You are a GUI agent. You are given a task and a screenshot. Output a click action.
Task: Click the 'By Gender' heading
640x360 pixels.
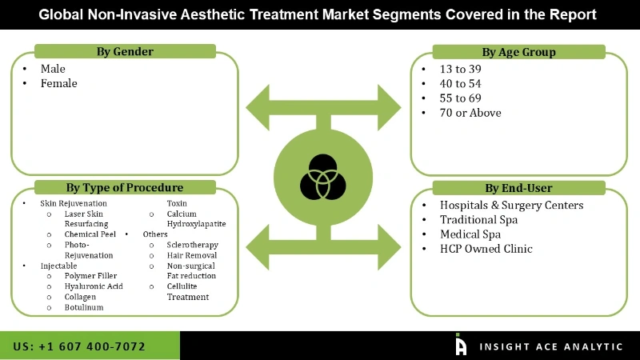click(125, 52)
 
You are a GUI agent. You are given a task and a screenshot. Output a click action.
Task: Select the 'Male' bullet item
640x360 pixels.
click(54, 69)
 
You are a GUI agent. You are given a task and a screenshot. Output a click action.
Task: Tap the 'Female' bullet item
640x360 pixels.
click(59, 83)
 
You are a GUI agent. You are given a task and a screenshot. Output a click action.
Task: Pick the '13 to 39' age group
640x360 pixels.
click(461, 69)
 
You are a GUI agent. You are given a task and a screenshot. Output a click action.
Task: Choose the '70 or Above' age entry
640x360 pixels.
click(470, 113)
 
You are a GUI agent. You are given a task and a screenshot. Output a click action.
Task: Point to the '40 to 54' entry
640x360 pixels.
click(461, 83)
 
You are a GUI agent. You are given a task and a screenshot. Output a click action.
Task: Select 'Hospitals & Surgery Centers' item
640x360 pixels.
click(511, 205)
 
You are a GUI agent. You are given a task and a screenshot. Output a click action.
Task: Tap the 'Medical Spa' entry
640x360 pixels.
click(470, 234)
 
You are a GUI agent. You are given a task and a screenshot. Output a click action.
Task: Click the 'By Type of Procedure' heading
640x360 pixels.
click(125, 188)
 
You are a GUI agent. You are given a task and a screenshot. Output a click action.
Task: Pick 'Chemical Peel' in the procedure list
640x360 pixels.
click(90, 234)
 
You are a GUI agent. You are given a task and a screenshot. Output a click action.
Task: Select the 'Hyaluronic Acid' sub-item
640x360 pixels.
click(94, 286)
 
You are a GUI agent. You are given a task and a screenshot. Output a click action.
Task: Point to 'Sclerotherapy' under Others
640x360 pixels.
click(192, 245)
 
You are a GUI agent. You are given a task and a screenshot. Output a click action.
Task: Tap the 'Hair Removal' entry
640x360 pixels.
click(190, 255)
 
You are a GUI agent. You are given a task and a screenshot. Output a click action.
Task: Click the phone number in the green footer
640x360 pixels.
click(79, 346)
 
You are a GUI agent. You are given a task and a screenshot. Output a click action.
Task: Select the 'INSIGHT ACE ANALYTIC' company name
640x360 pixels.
click(551, 346)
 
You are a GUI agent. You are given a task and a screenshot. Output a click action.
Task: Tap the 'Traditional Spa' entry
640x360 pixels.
click(478, 219)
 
